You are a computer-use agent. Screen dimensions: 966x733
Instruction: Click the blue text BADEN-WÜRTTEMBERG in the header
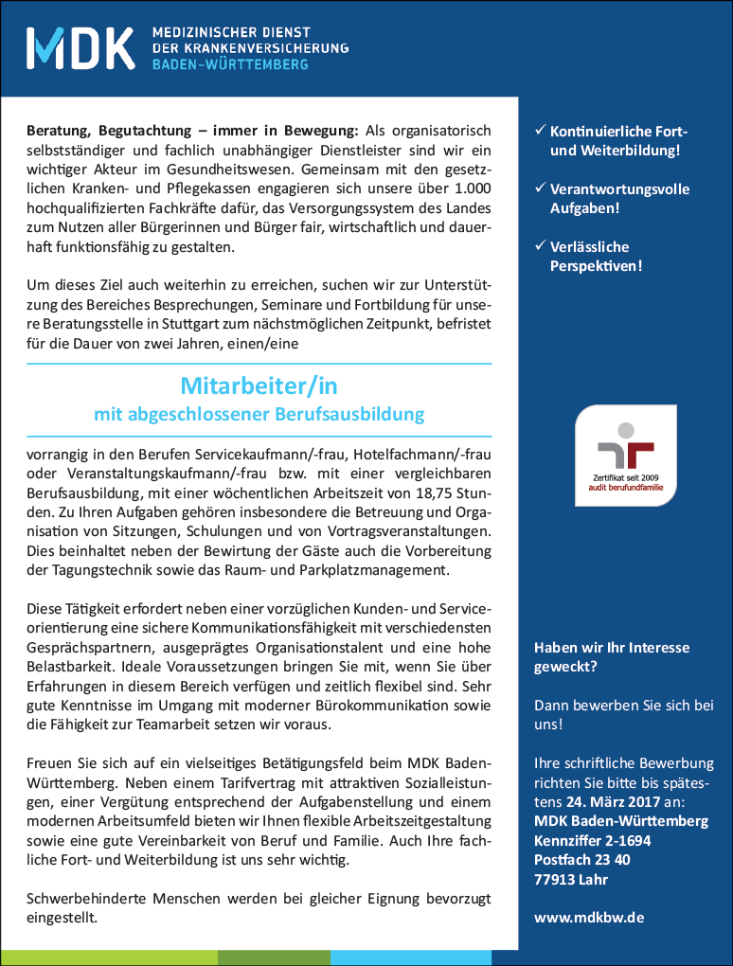pyautogui.click(x=230, y=64)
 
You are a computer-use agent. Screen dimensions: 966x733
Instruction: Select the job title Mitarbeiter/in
pyautogui.click(x=259, y=386)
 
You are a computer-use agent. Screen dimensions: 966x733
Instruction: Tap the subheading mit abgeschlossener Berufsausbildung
pyautogui.click(x=259, y=414)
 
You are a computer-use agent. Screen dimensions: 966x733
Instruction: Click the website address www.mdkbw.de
pyautogui.click(x=589, y=918)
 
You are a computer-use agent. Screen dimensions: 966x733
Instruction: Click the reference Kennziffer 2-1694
pyautogui.click(x=592, y=840)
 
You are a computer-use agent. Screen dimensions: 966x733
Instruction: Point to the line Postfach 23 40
pyautogui.click(x=582, y=860)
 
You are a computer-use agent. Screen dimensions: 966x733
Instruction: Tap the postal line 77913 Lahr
pyautogui.click(x=570, y=879)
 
